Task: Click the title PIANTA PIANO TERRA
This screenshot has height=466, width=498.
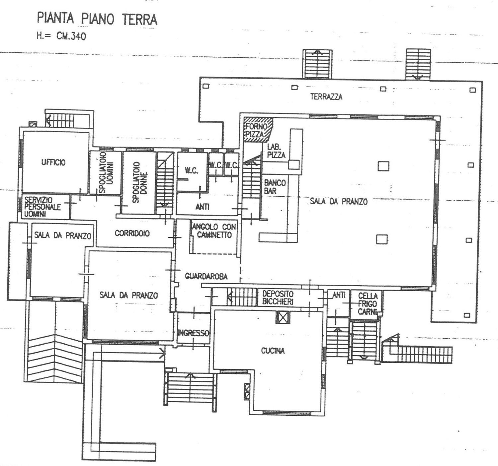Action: [x=97, y=19]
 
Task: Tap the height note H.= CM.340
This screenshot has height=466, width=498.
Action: [x=61, y=36]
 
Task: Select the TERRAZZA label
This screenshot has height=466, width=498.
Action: [x=326, y=97]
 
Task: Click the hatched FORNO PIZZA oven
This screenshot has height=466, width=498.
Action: [x=258, y=130]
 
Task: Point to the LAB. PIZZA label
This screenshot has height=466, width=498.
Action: [x=276, y=151]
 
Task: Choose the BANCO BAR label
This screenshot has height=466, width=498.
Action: [x=275, y=187]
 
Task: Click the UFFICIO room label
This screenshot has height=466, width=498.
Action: [x=53, y=162]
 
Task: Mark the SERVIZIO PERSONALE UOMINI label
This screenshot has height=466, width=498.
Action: [x=42, y=207]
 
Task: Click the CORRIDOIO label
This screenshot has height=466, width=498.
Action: [x=132, y=233]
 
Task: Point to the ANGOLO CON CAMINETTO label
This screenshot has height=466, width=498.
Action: [x=214, y=231]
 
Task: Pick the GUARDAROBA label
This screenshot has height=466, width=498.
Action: [x=206, y=276]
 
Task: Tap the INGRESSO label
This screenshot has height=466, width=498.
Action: [x=193, y=333]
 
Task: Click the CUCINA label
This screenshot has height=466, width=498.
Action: [x=273, y=351]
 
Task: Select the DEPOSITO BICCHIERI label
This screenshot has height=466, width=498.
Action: [x=278, y=298]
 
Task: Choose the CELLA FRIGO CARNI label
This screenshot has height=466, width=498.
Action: [x=368, y=304]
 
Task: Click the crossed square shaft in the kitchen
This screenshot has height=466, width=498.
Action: [x=283, y=317]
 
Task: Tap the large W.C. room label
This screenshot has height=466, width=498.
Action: [x=192, y=170]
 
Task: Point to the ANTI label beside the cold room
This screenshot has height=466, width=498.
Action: [x=339, y=296]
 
